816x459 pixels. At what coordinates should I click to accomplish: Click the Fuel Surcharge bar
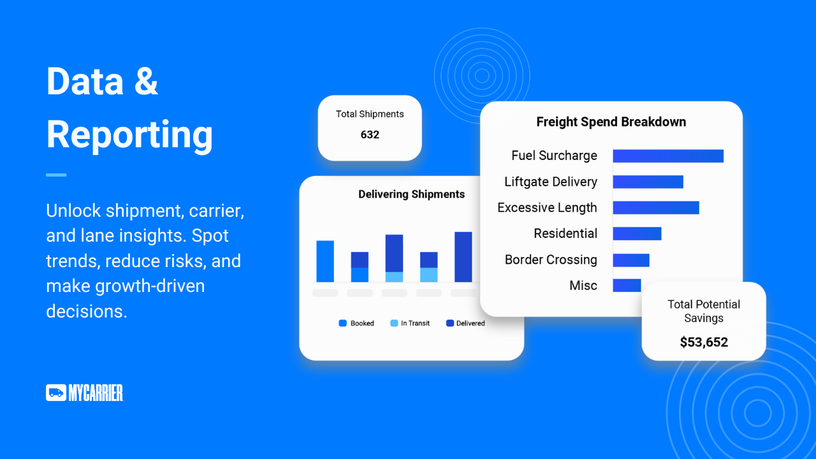(x=668, y=156)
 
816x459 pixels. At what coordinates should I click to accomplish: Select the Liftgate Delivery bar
(x=648, y=182)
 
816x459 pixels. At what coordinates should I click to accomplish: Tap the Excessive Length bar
(x=656, y=208)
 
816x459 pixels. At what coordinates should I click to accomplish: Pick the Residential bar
(x=637, y=233)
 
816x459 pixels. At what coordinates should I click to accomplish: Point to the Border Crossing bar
(x=631, y=260)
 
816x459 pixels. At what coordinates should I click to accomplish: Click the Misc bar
(x=627, y=285)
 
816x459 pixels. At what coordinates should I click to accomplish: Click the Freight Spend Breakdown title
(x=611, y=122)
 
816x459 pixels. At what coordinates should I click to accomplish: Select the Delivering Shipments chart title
(x=412, y=194)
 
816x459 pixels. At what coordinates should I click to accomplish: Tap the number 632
(x=370, y=135)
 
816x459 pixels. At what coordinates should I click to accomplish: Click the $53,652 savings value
(x=704, y=342)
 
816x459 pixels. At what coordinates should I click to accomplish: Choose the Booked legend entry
(x=356, y=323)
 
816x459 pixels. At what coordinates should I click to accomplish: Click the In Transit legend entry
(x=410, y=323)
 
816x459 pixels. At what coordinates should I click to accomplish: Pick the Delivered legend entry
(x=465, y=323)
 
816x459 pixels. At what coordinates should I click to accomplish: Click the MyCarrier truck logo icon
(x=56, y=393)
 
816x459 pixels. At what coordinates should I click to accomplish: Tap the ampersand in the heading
(x=146, y=81)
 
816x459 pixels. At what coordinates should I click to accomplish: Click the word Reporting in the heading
(x=129, y=135)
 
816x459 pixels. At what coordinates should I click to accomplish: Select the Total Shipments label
(x=370, y=114)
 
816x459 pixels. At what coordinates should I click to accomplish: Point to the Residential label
(x=565, y=233)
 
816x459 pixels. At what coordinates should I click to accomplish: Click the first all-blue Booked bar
(x=325, y=261)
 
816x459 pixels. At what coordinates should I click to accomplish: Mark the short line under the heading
(x=56, y=175)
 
